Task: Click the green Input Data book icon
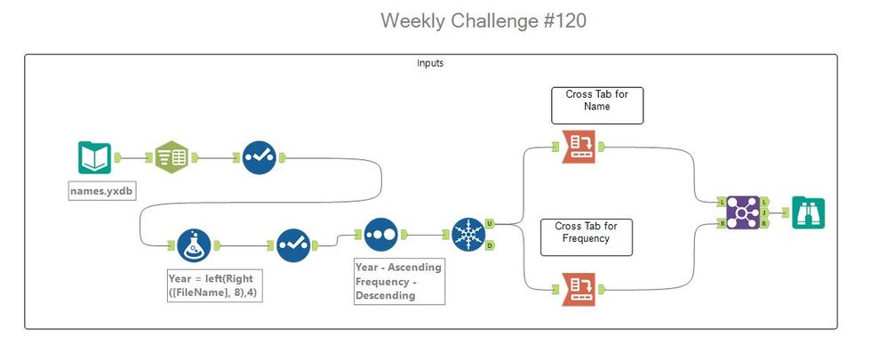[x=94, y=157]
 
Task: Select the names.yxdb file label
[x=102, y=191]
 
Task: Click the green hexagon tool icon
[x=172, y=157]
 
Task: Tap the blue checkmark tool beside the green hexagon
[x=258, y=157]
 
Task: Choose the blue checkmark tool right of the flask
[x=292, y=245]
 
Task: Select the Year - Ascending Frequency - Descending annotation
[x=398, y=281]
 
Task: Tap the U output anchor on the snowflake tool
[x=491, y=223]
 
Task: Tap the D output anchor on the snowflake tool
[x=491, y=245]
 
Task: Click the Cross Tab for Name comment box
[x=596, y=106]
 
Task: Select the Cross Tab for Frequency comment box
[x=587, y=237]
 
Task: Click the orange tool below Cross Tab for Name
[x=579, y=148]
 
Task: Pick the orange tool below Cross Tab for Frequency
[x=579, y=289]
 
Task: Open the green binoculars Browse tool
[x=809, y=212]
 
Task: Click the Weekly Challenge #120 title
[x=483, y=21]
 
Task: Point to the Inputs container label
[x=430, y=64]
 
